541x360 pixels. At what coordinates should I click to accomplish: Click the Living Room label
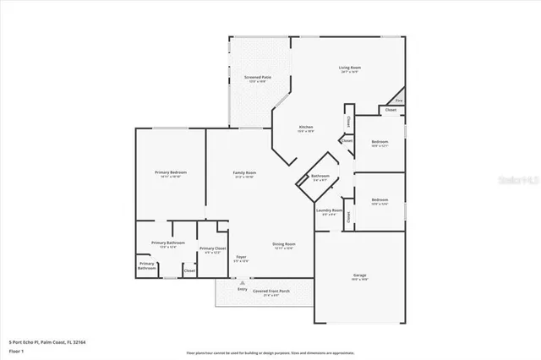(349, 68)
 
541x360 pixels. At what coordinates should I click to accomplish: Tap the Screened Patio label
(258, 77)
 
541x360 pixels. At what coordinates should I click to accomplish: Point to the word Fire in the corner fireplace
(399, 101)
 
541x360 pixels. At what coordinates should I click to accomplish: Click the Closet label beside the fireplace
(391, 110)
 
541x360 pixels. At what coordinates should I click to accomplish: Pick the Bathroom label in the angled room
(321, 177)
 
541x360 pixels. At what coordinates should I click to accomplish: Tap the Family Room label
(244, 172)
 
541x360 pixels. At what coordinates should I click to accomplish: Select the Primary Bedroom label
(170, 172)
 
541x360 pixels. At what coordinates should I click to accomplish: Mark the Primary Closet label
(212, 248)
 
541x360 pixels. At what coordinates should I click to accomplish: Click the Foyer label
(241, 256)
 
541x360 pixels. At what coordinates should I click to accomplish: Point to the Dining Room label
(283, 244)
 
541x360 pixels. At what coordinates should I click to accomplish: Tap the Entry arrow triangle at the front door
(243, 283)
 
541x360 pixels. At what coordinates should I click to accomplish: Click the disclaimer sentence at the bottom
(270, 352)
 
